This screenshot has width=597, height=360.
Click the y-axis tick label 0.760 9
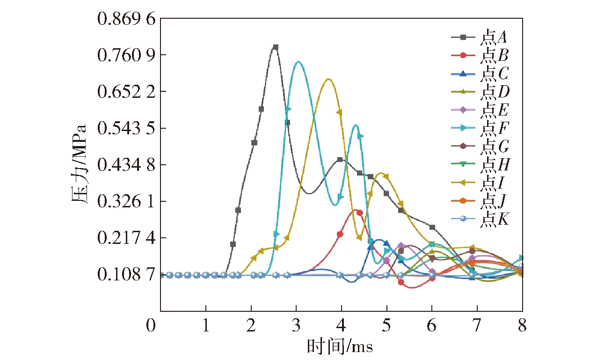125,55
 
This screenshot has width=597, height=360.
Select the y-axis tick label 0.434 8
125,165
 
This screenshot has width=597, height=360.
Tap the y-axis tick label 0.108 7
125,274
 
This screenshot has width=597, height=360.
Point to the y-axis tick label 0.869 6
125,19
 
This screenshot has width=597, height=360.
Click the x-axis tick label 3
296,325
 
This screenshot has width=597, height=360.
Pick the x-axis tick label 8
523,325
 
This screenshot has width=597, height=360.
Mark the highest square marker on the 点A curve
276,47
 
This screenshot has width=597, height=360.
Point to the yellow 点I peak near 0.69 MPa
328,79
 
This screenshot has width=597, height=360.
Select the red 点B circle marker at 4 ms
340,234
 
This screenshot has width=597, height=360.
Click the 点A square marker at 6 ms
432,227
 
